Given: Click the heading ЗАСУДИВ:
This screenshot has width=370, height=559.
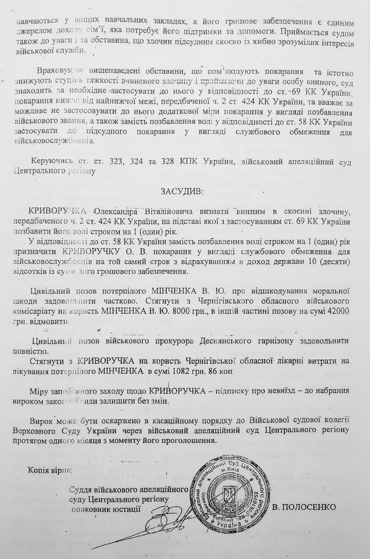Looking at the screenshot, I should pyautogui.click(x=184, y=190).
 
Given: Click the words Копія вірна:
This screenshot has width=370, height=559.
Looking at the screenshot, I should pyautogui.click(x=51, y=470).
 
